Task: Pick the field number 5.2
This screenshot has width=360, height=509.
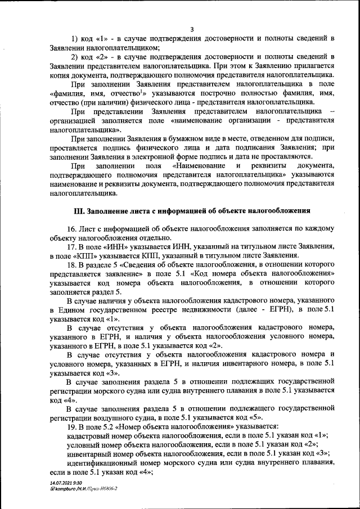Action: (x=110, y=426)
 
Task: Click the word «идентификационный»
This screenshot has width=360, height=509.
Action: (x=100, y=462)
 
